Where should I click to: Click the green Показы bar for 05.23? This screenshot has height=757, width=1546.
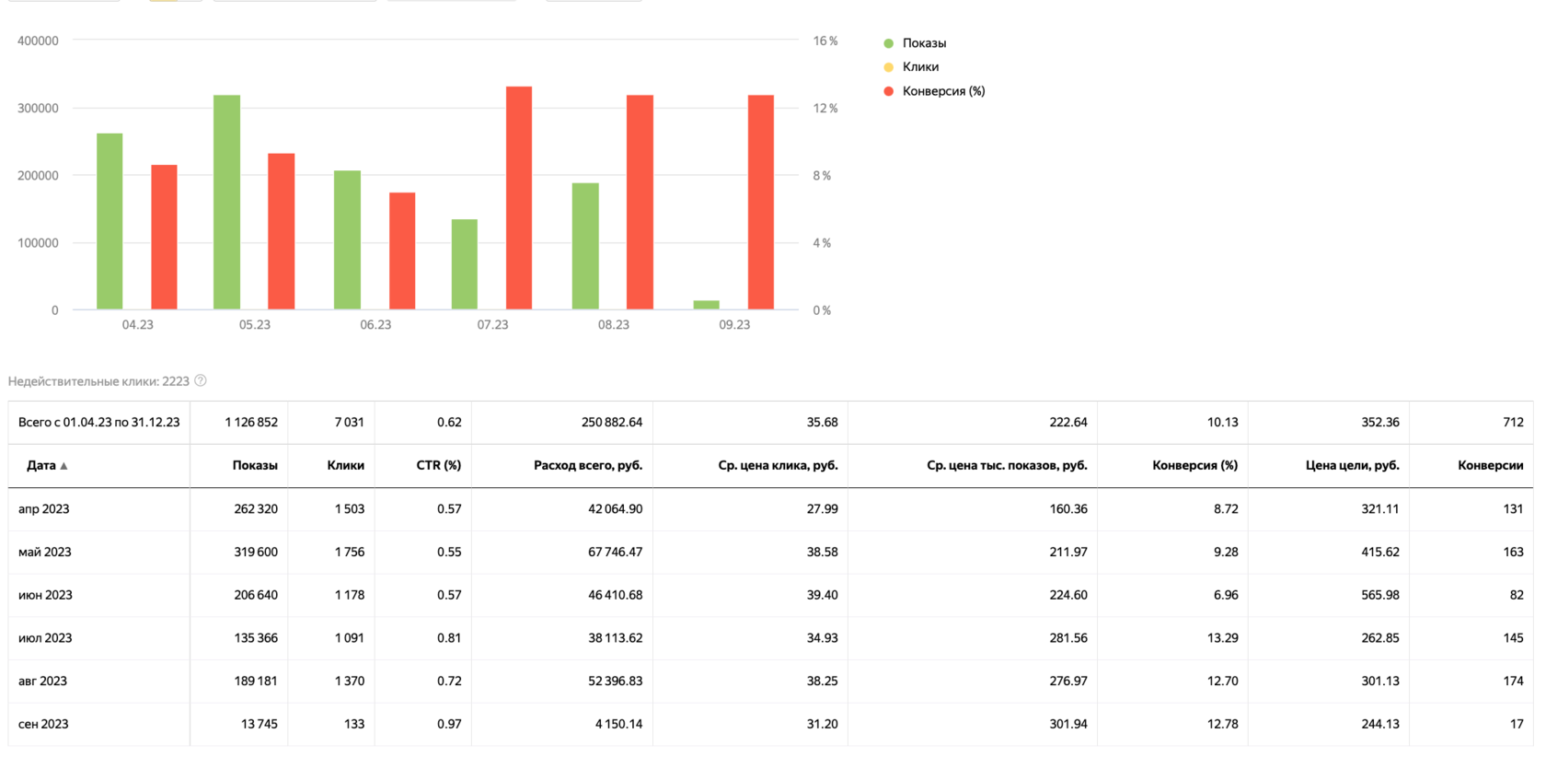(x=226, y=203)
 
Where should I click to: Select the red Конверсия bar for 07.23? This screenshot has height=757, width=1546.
(x=519, y=198)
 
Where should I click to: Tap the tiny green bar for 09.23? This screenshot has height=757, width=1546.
(x=706, y=305)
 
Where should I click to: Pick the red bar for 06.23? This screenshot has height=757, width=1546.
(x=402, y=250)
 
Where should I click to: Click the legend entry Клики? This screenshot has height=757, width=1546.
(x=919, y=67)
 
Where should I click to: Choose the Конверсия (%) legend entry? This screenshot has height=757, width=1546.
(x=942, y=91)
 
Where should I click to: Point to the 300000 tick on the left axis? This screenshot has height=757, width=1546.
(x=38, y=109)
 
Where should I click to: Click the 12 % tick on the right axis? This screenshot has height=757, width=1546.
(x=825, y=109)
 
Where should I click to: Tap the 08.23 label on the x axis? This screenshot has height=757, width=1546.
(x=613, y=325)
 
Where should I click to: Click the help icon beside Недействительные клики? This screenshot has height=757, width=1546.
(x=201, y=380)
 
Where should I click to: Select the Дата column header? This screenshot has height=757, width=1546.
(x=41, y=466)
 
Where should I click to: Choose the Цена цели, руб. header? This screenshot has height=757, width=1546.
(x=1352, y=466)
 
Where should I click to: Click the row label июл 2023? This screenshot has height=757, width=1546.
(x=45, y=638)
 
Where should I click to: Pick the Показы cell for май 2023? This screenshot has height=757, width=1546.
(x=255, y=553)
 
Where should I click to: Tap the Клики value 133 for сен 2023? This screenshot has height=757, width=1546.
(x=353, y=725)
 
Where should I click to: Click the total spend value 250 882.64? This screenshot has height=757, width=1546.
(x=611, y=423)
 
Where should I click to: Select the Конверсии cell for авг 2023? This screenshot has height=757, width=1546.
(x=1512, y=681)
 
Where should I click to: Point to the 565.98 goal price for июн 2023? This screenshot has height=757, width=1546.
(x=1379, y=596)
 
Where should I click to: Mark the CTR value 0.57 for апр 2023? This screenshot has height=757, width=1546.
(x=448, y=509)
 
